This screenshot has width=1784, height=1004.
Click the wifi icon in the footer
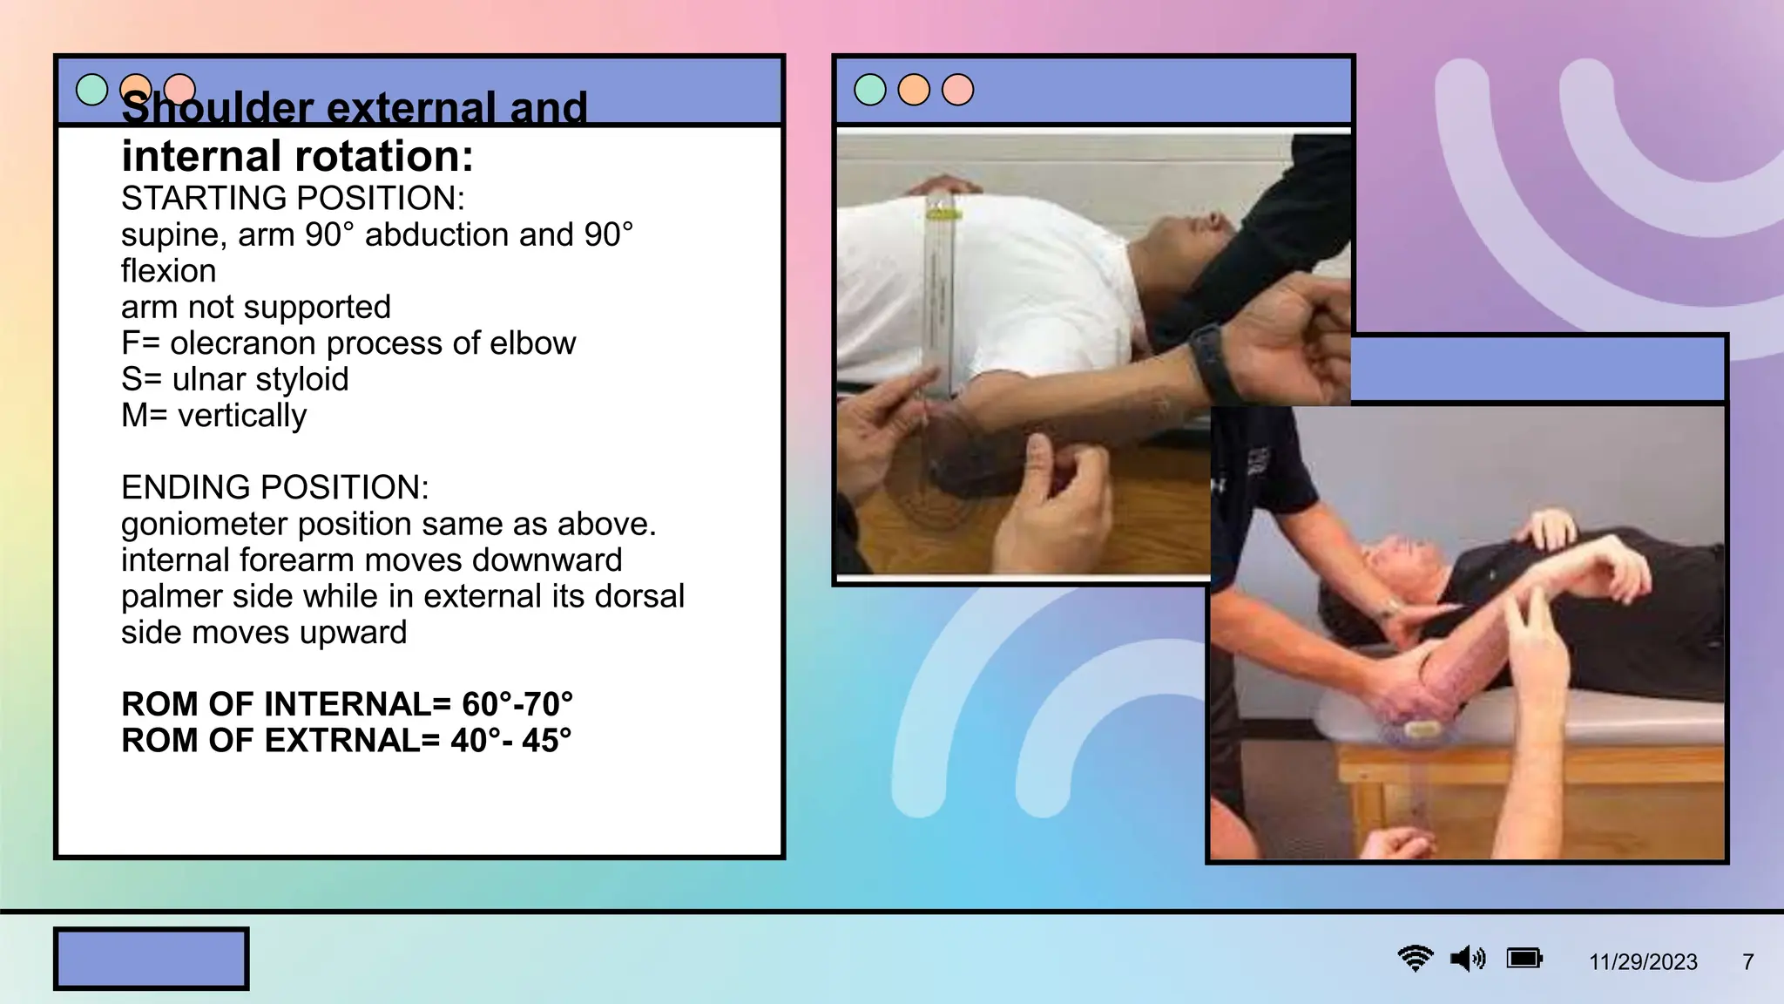[1416, 959]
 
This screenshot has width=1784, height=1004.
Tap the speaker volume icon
[1468, 959]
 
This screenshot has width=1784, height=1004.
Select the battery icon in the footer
[1524, 959]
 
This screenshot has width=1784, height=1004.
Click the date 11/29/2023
[1643, 962]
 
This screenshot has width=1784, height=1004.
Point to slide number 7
[1747, 962]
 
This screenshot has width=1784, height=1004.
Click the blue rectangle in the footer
[152, 959]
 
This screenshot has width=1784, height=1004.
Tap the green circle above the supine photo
[870, 90]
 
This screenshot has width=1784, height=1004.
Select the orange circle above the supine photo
[914, 90]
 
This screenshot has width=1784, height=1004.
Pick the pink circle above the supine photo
[957, 90]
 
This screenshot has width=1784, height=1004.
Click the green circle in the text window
[91, 89]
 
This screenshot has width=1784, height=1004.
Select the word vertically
[242, 416]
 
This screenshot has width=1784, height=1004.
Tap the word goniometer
[205, 525]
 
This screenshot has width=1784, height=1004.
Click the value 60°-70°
[517, 704]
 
